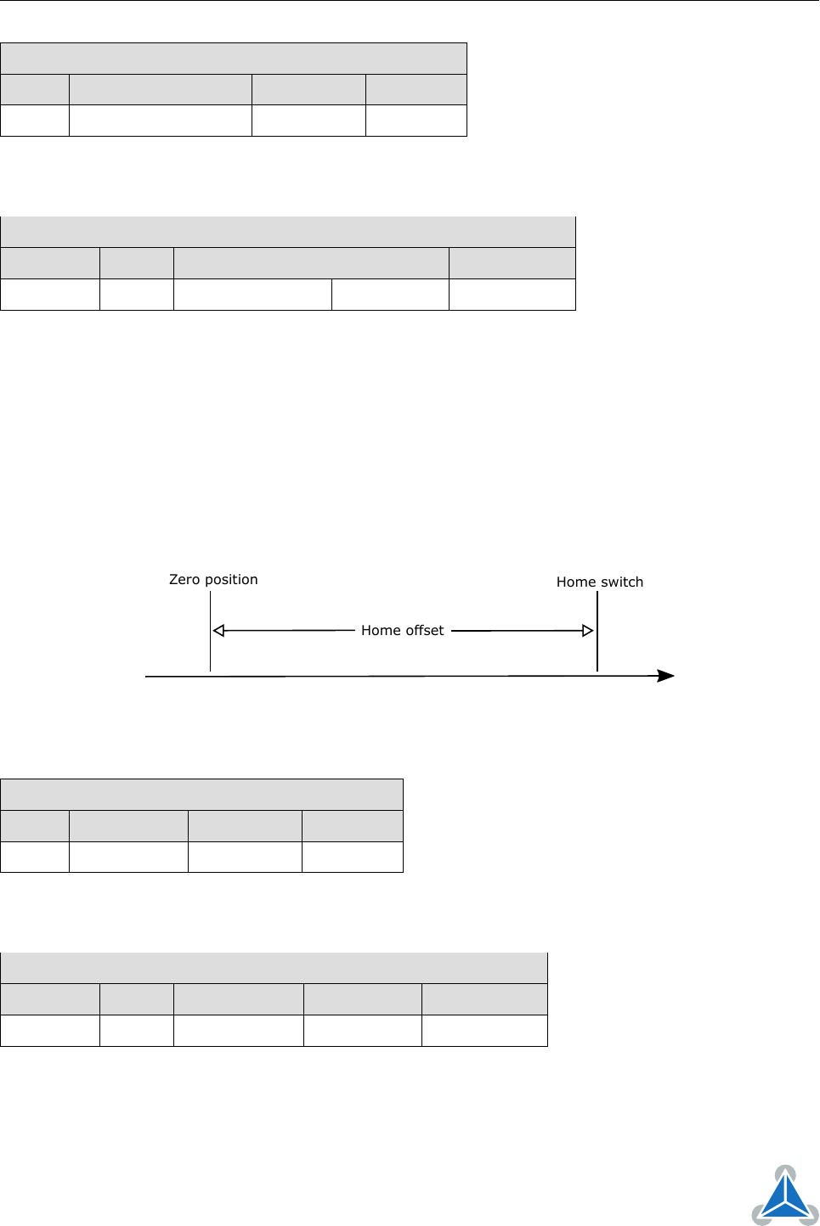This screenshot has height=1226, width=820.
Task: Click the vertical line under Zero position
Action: (211, 631)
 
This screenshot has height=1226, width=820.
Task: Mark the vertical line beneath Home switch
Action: (597, 631)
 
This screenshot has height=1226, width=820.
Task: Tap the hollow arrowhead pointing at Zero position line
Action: (218, 631)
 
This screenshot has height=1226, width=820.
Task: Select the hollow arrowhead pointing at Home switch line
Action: (588, 631)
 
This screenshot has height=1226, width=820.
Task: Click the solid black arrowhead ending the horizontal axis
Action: (665, 676)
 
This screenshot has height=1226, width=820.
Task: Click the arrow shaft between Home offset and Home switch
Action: (517, 631)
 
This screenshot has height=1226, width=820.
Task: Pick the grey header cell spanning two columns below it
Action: (311, 263)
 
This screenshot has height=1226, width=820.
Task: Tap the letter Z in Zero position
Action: (173, 579)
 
